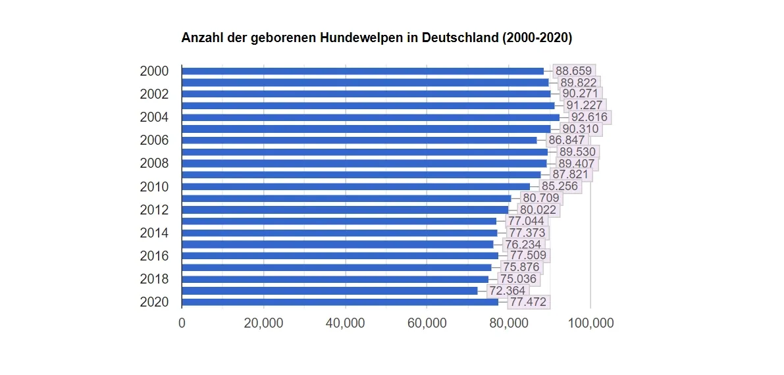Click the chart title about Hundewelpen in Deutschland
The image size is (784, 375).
377,38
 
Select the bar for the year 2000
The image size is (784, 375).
362,71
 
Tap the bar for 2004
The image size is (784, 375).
370,117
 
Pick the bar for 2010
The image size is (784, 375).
355,186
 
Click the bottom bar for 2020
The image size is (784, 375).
340,302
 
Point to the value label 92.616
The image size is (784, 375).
581,117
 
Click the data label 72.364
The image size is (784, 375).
508,290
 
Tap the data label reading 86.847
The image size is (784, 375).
567,140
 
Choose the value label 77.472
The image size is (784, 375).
529,302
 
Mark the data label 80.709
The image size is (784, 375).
541,198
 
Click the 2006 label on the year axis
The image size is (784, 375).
154,140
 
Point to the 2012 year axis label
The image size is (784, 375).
154,210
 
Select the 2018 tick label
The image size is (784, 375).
154,279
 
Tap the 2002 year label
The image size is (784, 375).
154,94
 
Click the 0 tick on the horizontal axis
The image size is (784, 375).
182,323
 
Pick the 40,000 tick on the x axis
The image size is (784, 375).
345,323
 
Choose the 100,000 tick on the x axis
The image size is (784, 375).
590,323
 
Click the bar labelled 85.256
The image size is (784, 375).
355,186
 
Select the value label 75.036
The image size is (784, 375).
518,279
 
